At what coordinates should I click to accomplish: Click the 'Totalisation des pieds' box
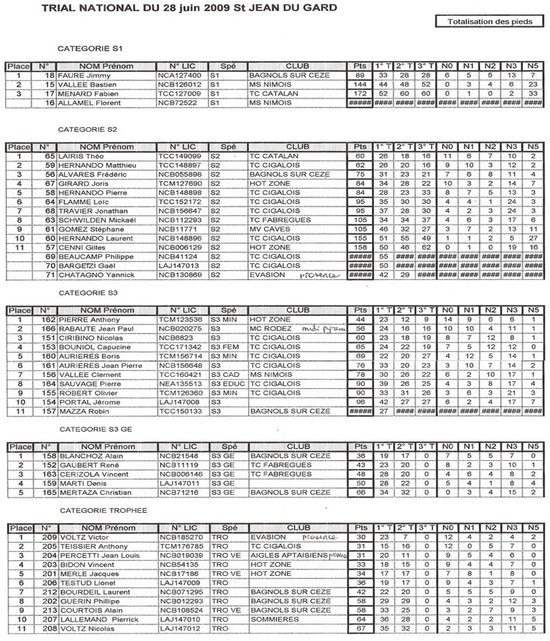click(x=487, y=22)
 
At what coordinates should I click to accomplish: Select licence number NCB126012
click(x=179, y=85)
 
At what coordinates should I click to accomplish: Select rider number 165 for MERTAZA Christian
click(x=48, y=492)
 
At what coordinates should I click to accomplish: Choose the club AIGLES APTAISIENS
click(x=286, y=555)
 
